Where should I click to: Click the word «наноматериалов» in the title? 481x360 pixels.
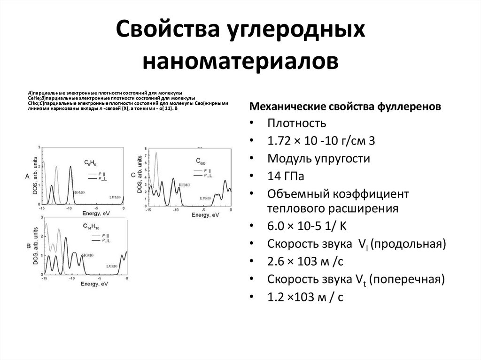pyautogui.click(x=240, y=61)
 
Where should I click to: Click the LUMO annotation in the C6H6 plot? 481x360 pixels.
pyautogui.click(x=116, y=197)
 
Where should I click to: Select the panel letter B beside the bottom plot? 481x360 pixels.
pyautogui.click(x=28, y=245)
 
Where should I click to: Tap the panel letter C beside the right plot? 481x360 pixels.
pyautogui.click(x=133, y=175)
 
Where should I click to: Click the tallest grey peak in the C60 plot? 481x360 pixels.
pyautogui.click(x=156, y=155)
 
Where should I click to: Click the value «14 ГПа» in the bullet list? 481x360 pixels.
pyautogui.click(x=286, y=176)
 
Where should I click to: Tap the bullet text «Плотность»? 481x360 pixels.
pyautogui.click(x=296, y=124)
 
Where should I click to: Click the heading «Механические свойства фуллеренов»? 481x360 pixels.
pyautogui.click(x=345, y=106)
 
